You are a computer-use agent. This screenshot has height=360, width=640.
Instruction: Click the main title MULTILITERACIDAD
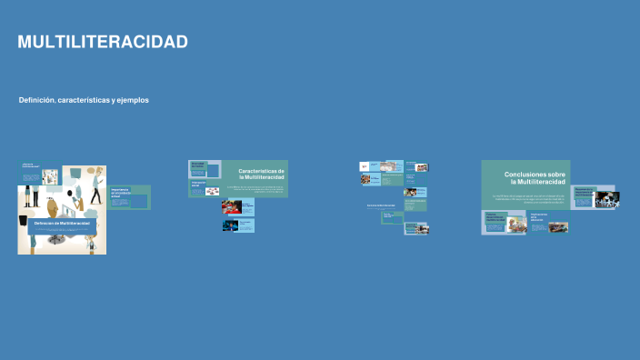pos(103,43)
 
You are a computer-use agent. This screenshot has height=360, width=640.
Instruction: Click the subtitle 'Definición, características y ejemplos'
pos(84,100)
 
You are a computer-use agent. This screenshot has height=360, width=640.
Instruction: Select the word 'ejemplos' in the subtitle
pos(133,100)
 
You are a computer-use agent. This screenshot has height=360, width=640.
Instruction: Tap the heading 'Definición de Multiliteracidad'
pos(62,223)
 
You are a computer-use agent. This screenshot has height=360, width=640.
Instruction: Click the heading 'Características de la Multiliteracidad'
pos(261,174)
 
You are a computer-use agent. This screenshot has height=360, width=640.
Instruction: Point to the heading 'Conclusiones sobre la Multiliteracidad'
pos(535,178)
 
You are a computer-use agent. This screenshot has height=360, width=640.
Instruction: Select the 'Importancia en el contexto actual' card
pos(128,196)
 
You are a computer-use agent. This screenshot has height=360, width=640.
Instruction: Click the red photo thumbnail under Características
pos(232,207)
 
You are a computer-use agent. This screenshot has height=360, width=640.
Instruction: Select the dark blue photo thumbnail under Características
pos(232,225)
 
